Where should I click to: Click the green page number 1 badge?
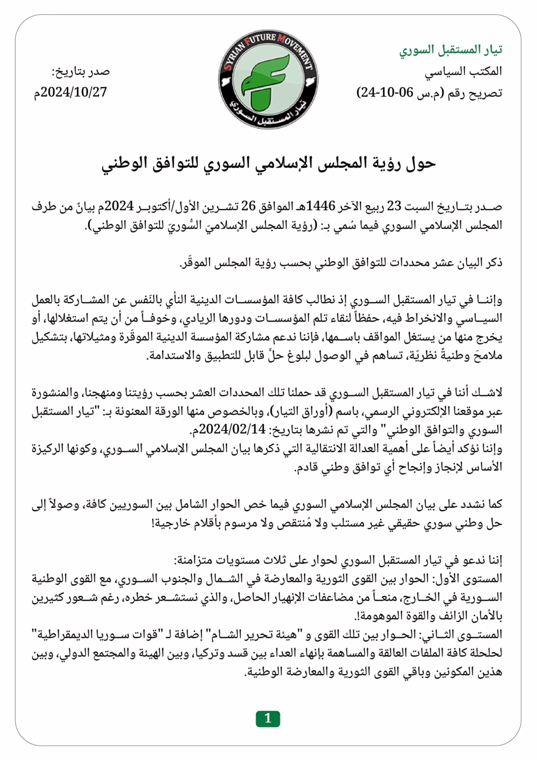[268, 718]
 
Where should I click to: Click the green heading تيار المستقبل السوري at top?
[450, 49]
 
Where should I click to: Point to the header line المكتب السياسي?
[463, 71]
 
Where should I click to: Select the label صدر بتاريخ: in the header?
[81, 71]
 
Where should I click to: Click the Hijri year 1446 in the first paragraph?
[320, 206]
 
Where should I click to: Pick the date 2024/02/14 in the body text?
[231, 429]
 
